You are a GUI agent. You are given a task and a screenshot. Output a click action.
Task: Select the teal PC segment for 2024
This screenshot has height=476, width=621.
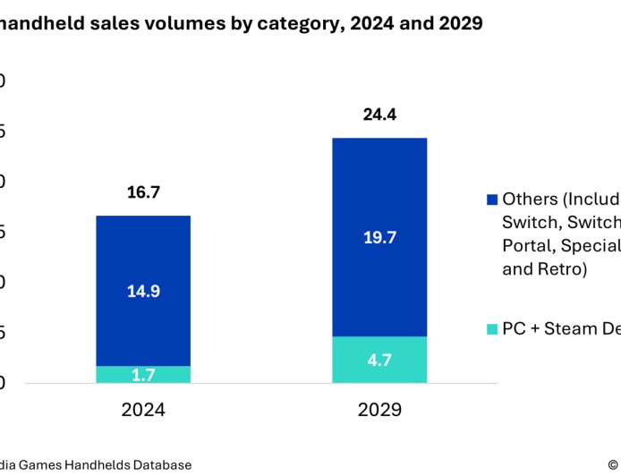click(143, 374)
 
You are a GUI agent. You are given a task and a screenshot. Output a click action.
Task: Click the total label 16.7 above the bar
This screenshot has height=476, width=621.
click(143, 192)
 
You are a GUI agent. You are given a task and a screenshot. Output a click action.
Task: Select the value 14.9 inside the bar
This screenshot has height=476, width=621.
click(143, 291)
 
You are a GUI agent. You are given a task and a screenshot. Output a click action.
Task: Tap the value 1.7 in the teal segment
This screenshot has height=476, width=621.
click(143, 375)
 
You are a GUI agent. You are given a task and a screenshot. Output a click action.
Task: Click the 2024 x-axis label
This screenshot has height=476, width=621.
click(143, 411)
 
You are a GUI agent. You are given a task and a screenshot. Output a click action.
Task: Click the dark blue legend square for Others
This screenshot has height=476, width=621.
click(491, 200)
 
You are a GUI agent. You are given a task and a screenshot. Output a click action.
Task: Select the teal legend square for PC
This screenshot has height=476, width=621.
click(491, 329)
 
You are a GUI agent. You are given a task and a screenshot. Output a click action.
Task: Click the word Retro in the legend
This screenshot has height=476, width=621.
click(559, 268)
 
